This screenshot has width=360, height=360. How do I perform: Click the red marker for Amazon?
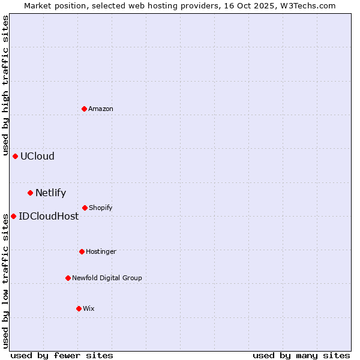(x=85, y=109)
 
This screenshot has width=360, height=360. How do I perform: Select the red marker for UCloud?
(x=16, y=156)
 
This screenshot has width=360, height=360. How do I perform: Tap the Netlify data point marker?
(x=31, y=193)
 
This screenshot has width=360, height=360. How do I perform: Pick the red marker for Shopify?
(x=85, y=208)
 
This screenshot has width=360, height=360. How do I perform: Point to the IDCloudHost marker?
(x=14, y=216)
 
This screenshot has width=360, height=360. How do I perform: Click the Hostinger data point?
(x=82, y=251)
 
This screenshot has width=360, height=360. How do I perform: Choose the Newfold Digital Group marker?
(x=68, y=278)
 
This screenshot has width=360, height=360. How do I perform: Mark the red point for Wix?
(x=79, y=308)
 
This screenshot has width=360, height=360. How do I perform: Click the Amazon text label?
(x=101, y=109)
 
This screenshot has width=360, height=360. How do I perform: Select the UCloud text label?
(x=37, y=156)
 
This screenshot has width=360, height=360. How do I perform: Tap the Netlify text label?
(x=50, y=193)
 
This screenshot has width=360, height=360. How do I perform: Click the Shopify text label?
(x=101, y=208)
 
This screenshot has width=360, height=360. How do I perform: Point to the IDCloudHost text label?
(x=49, y=216)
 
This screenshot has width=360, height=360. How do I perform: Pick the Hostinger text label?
(x=101, y=251)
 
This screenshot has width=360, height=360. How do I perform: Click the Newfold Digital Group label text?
(x=107, y=278)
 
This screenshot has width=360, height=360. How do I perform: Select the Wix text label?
(x=89, y=308)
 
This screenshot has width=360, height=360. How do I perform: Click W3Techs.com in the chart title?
(x=309, y=5)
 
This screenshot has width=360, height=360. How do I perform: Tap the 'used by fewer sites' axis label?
(x=62, y=355)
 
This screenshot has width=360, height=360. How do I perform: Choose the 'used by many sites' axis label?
(x=301, y=355)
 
